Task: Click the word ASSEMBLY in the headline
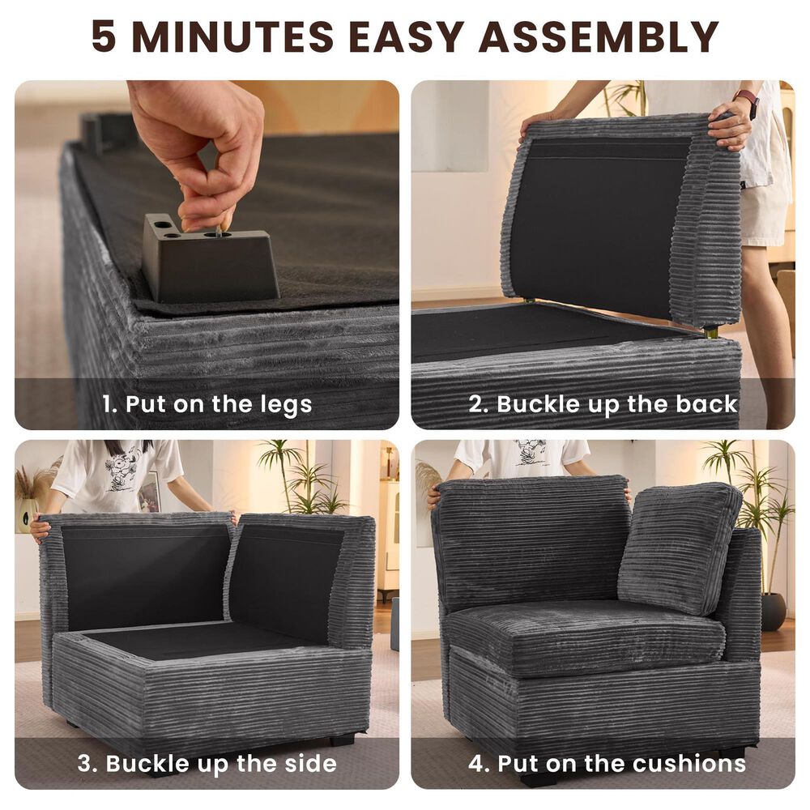pyautogui.click(x=599, y=36)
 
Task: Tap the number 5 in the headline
pyautogui.click(x=104, y=36)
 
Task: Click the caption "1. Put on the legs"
pyautogui.click(x=207, y=404)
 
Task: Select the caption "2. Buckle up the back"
pyautogui.click(x=603, y=404)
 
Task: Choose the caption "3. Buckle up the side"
pyautogui.click(x=207, y=764)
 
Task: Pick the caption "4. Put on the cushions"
pyautogui.click(x=607, y=764)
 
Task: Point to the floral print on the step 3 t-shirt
pyautogui.click(x=122, y=466)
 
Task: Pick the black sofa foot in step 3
pyautogui.click(x=343, y=740)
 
